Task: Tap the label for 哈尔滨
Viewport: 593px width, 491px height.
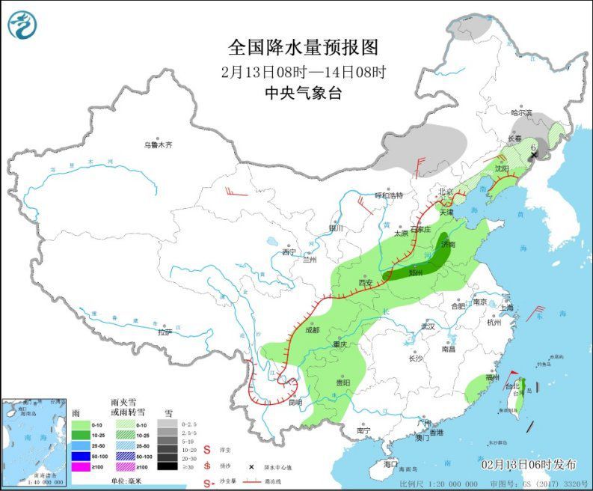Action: point(521,113)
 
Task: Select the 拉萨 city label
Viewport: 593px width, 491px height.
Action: point(165,332)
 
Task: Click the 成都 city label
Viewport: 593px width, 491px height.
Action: point(312,330)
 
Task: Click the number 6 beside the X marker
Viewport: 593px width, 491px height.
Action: point(532,148)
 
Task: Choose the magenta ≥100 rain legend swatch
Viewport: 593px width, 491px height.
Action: point(81,466)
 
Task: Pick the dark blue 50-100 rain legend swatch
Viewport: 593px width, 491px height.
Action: point(81,456)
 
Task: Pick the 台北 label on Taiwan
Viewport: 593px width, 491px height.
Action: point(511,387)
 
